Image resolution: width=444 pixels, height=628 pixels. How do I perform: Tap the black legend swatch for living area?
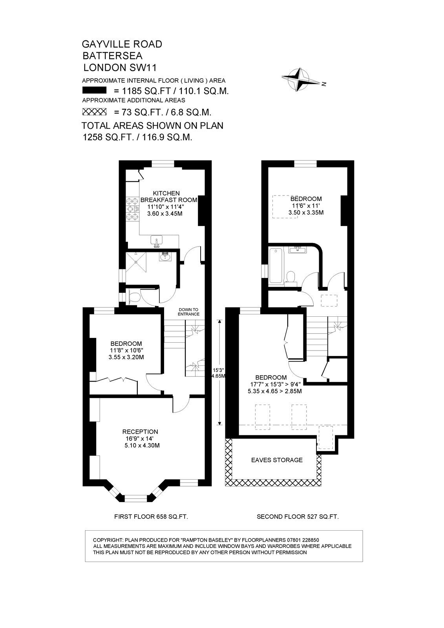[94, 90]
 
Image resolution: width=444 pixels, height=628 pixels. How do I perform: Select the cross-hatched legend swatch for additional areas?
[94, 111]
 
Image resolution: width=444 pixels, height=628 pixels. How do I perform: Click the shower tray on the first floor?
[136, 262]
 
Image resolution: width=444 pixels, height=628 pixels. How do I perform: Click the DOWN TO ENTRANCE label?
[188, 312]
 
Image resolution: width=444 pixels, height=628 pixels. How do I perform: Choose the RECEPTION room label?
[140, 432]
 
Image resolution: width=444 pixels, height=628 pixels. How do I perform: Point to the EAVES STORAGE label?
[277, 460]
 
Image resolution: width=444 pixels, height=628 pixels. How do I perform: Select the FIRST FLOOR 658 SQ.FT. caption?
[151, 517]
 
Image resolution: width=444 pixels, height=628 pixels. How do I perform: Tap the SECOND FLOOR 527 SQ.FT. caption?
[298, 517]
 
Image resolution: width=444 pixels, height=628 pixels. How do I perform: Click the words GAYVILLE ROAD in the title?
[122, 44]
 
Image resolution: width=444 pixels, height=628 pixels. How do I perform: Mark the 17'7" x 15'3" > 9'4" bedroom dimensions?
[275, 384]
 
